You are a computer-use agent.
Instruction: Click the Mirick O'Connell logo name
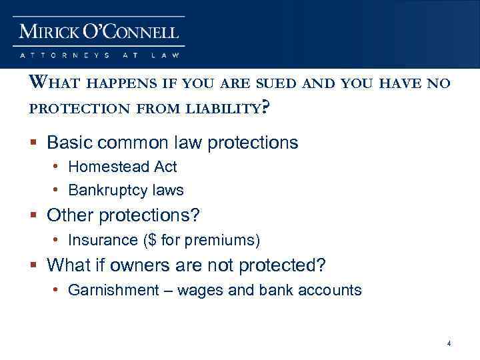[x=99, y=31]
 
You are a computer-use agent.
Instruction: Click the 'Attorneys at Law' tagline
[x=99, y=55]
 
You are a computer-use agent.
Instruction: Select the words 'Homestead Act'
[x=123, y=167]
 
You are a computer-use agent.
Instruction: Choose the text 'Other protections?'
[x=124, y=216]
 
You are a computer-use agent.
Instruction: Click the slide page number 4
[x=449, y=343]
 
